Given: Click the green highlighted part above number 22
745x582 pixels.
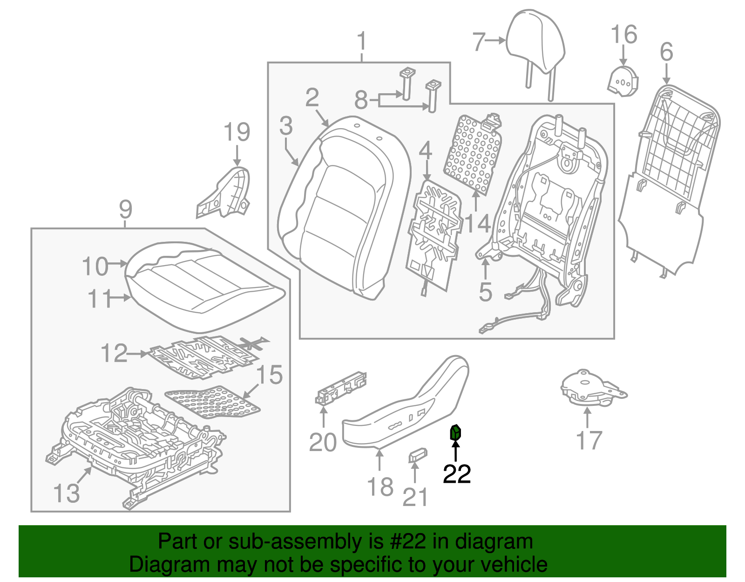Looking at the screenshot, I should tap(455, 433).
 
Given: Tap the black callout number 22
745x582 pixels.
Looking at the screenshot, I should tap(456, 474).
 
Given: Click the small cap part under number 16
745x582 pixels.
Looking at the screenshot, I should tap(623, 81).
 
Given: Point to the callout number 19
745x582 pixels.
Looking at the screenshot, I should tap(237, 132).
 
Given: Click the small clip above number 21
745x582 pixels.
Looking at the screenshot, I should tap(418, 455).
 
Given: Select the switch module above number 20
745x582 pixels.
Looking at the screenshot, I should tap(341, 388).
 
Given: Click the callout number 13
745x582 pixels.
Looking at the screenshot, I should tap(67, 493).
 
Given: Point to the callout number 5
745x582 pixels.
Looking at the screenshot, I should tap(485, 292).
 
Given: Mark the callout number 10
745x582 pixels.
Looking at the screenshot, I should tap(95, 267).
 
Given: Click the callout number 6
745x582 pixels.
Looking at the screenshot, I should tap(666, 52).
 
